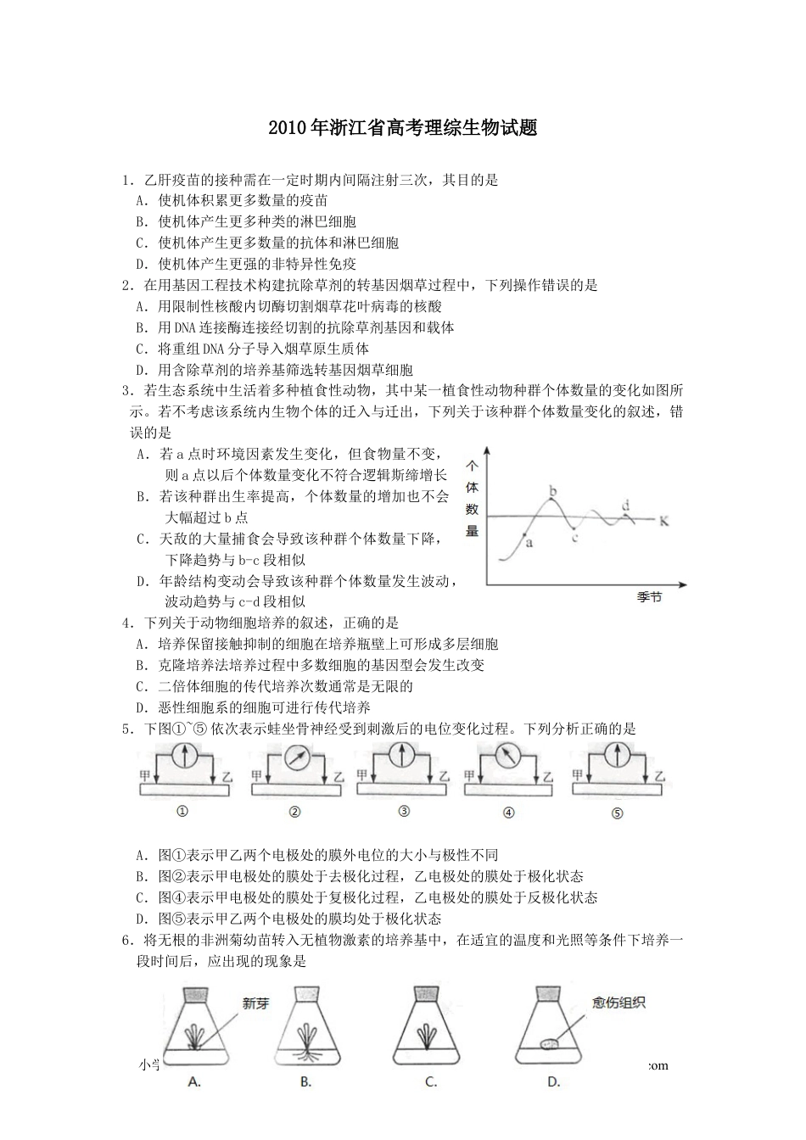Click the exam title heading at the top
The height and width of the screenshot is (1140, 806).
click(402, 129)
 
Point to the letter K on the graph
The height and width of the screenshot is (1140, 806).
click(663, 521)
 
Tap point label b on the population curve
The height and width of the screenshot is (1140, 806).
click(553, 490)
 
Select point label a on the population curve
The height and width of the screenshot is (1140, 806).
click(529, 543)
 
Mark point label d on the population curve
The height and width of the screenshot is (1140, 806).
click(626, 507)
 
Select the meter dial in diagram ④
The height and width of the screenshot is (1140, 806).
click(507, 755)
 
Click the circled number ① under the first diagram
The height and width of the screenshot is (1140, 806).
click(181, 811)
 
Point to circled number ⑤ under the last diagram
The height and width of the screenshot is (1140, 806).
click(617, 813)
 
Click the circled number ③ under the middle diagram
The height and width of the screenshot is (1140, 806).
click(404, 811)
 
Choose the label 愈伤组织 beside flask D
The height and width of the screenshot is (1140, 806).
click(619, 1003)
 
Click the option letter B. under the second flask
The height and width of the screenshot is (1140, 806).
click(305, 1081)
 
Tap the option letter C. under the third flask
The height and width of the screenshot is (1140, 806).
click(431, 1081)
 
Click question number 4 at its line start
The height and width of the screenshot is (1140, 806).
click(126, 623)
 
